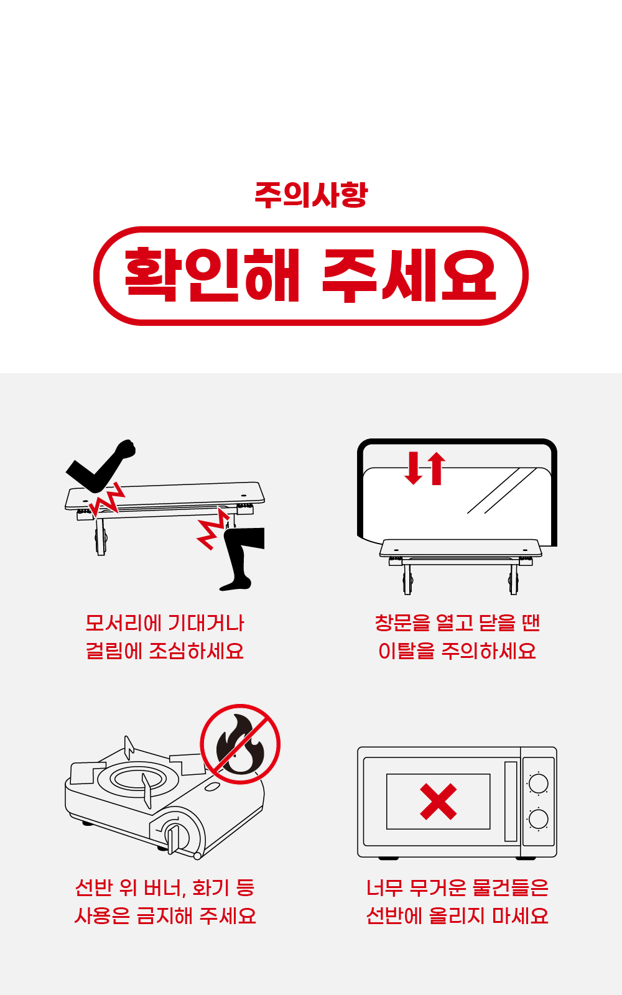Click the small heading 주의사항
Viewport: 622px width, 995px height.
pos(311,195)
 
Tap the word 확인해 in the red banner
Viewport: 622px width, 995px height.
pos(212,275)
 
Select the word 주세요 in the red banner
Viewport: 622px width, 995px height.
pos(409,275)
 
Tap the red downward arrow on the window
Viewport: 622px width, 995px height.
pos(414,468)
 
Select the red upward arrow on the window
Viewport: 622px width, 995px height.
pos(436,468)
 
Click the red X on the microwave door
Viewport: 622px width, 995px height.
pos(438,802)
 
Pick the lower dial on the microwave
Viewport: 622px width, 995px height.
pos(539,819)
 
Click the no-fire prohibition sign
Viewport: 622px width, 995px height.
pos(240,744)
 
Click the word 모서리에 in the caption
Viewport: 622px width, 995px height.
pos(123,622)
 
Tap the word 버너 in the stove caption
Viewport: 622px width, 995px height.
pos(164,887)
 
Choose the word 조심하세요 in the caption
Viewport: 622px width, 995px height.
pos(196,651)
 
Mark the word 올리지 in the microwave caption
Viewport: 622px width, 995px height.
pos(457,916)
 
